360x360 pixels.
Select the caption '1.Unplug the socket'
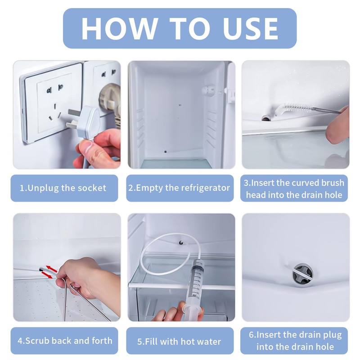point(63,188)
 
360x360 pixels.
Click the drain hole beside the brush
point(266,118)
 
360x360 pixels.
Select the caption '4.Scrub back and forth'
point(65,341)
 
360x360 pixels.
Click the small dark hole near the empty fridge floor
point(165,152)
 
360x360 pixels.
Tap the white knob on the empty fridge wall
point(208,89)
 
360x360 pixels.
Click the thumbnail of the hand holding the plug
point(67,115)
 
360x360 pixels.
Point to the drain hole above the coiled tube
point(181,242)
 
